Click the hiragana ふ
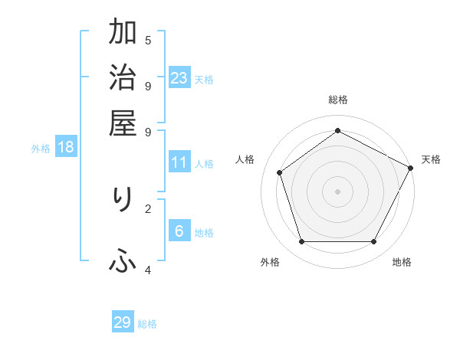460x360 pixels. (123, 263)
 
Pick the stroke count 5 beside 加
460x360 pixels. (147, 40)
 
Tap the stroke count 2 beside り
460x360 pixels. (147, 207)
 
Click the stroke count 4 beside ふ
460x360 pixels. (147, 270)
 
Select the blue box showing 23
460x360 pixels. (179, 77)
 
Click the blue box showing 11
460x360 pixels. (179, 162)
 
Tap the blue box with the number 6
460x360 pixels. (179, 231)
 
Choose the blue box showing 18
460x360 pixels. (66, 147)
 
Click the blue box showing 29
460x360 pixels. (123, 322)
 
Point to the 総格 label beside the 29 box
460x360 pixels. (147, 324)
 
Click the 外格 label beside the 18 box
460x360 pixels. (41, 149)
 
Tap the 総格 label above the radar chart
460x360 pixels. (338, 100)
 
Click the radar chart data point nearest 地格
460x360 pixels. (373, 241)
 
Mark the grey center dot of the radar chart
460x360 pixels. (337, 191)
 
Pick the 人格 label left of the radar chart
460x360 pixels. (245, 159)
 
